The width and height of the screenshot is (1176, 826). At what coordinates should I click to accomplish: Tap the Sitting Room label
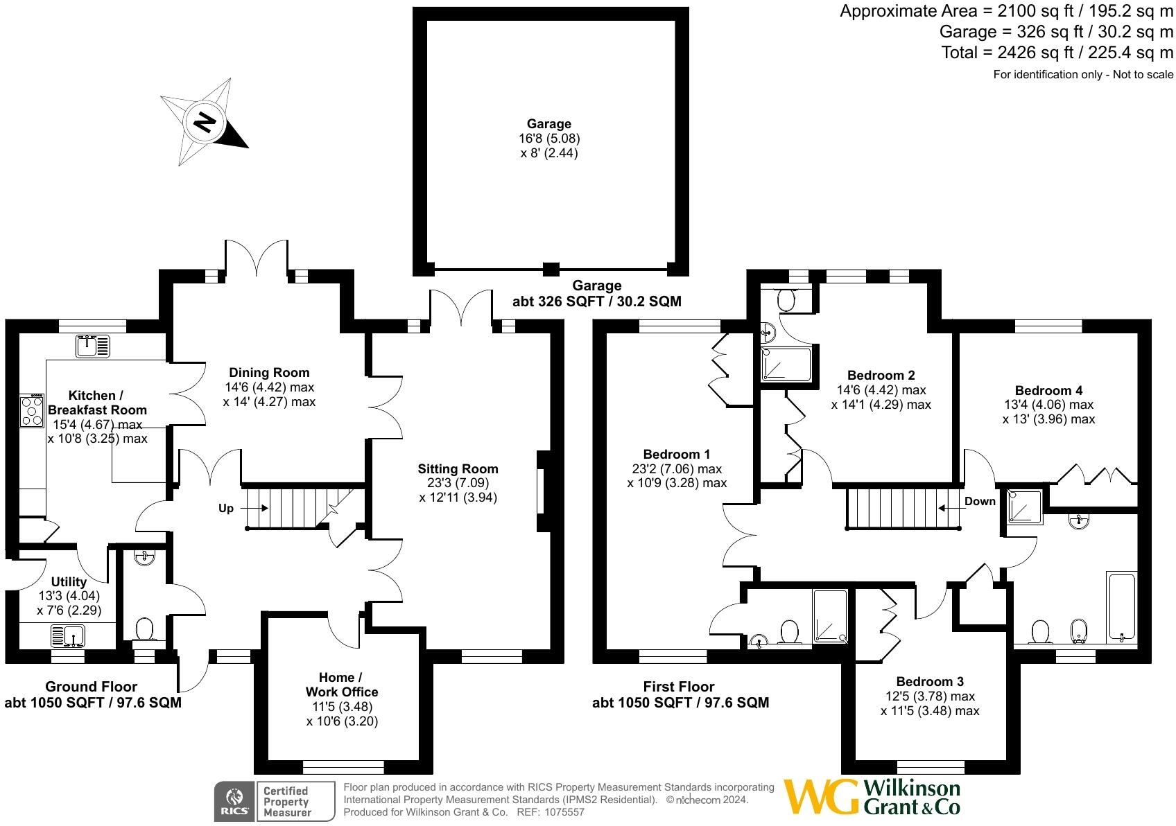click(458, 469)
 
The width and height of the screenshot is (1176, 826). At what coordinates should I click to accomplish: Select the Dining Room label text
click(269, 373)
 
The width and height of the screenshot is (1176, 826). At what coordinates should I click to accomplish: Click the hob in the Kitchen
click(32, 410)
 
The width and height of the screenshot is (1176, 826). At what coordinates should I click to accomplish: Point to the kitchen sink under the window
click(93, 346)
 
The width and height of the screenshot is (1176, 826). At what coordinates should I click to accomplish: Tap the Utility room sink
click(68, 635)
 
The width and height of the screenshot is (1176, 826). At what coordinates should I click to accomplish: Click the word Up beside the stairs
click(226, 509)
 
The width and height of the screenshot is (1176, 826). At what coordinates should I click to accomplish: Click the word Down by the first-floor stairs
click(980, 502)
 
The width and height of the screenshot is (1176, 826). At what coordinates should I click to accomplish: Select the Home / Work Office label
click(341, 685)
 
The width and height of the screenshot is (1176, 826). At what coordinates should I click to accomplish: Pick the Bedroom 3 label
click(929, 682)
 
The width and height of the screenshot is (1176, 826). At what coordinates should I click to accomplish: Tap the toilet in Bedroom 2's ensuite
click(786, 300)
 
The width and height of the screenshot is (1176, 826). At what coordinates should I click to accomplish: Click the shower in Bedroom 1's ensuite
click(830, 615)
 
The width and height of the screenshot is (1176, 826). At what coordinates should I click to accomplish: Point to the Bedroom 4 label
click(1048, 391)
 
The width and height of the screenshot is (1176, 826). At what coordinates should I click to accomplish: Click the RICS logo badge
click(233, 802)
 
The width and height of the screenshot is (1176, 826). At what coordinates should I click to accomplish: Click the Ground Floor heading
click(91, 687)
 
